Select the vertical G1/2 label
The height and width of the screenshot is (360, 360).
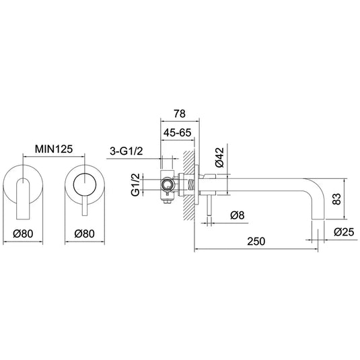(135, 184)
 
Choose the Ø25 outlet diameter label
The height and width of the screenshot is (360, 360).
(344, 233)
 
